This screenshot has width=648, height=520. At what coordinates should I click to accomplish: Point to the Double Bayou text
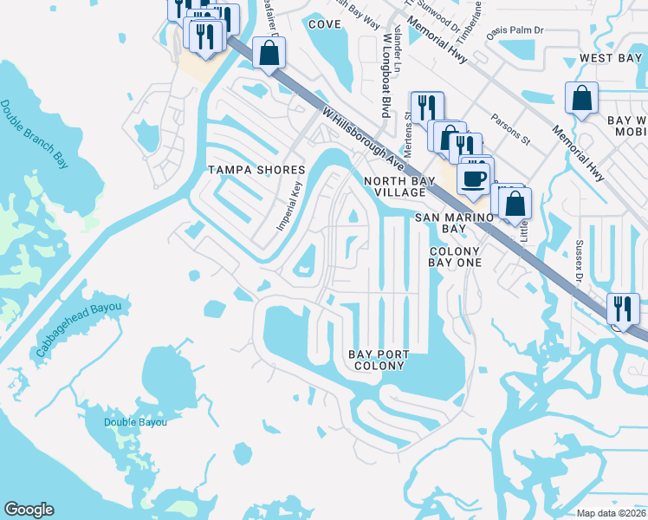tap(134, 422)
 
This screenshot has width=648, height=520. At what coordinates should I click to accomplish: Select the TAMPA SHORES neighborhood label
tap(256, 170)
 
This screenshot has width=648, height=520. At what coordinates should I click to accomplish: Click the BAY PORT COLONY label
tap(378, 360)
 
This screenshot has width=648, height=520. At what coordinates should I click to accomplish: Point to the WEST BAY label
tap(610, 57)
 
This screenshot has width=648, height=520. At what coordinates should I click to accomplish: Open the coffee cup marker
tap(473, 178)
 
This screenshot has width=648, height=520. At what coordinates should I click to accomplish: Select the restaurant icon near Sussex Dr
tap(623, 309)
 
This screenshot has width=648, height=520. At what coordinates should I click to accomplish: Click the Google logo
tap(29, 510)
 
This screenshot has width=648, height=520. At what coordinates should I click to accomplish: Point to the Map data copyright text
tap(612, 513)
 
